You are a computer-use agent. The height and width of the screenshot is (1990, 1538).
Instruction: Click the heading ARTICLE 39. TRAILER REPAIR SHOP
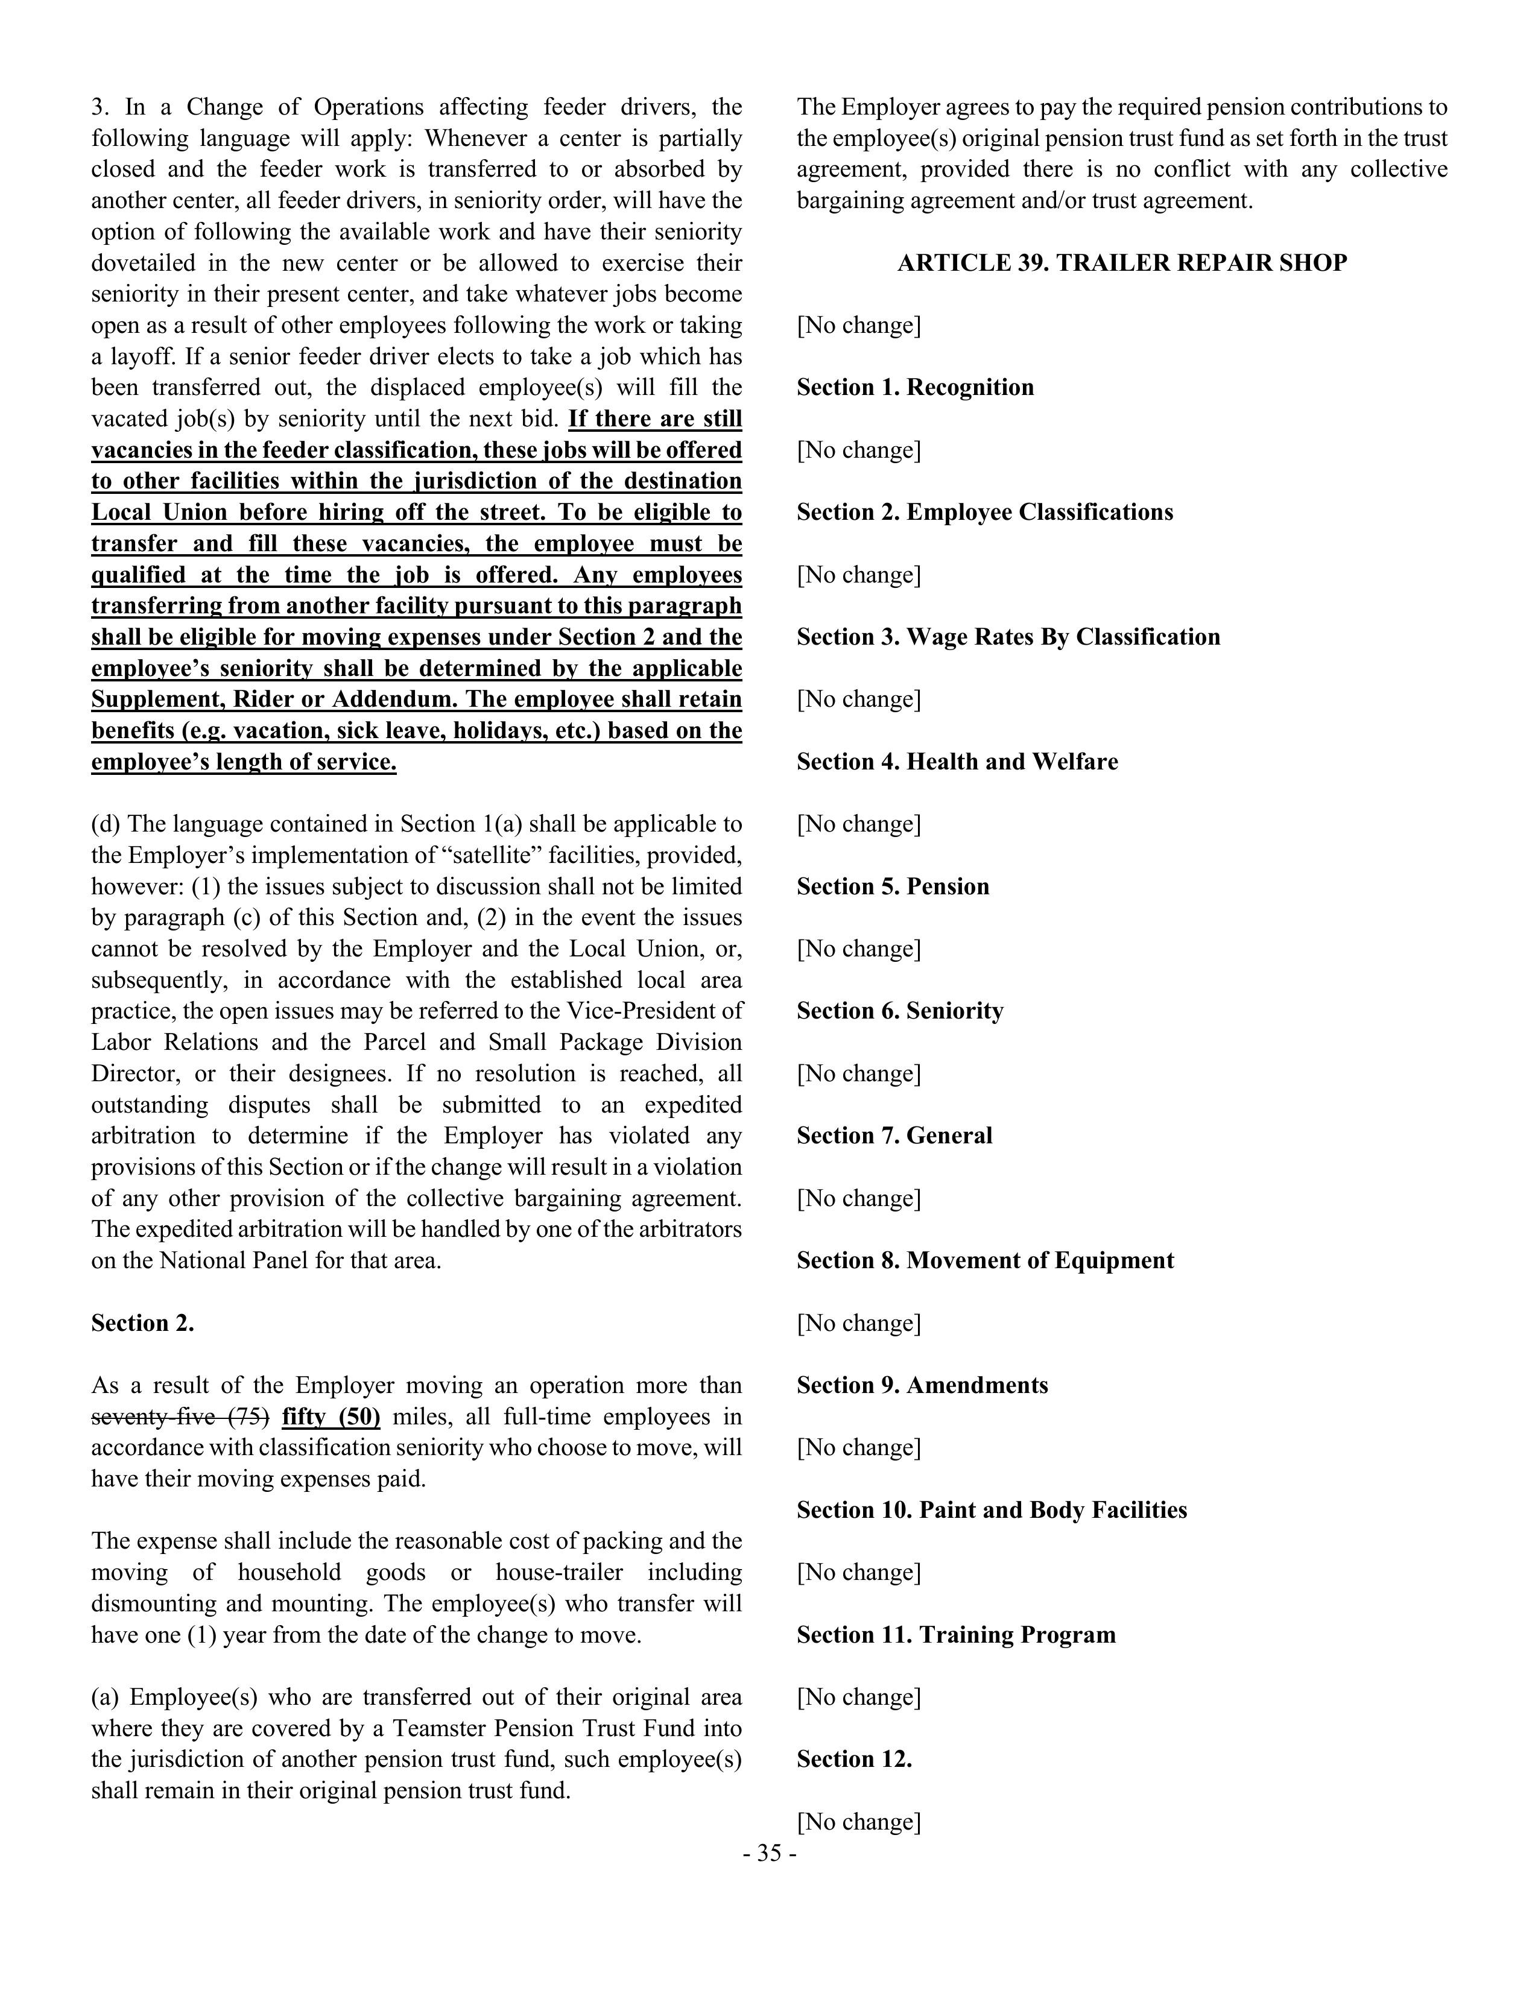(1122, 264)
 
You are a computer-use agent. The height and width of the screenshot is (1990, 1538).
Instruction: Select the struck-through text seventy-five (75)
(180, 1417)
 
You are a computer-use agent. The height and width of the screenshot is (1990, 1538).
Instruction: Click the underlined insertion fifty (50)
(331, 1417)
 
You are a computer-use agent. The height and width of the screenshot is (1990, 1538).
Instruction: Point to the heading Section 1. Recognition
(915, 387)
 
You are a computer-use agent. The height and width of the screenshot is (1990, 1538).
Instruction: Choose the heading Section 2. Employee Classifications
(984, 512)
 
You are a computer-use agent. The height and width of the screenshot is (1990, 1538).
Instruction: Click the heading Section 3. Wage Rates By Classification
(1008, 637)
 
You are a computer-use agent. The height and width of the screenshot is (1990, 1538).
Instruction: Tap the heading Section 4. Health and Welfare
(957, 762)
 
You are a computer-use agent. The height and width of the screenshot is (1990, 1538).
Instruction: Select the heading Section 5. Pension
(892, 886)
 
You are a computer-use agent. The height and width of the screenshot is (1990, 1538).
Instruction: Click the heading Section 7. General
(894, 1136)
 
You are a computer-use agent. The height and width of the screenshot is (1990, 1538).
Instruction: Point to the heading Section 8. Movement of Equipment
(985, 1261)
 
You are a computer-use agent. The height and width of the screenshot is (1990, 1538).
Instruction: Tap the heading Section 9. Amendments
(922, 1386)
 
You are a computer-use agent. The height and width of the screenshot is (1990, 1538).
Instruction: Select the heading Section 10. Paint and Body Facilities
(992, 1511)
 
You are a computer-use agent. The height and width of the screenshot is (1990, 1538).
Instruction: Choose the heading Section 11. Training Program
(956, 1635)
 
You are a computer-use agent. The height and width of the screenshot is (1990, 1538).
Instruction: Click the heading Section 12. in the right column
(853, 1760)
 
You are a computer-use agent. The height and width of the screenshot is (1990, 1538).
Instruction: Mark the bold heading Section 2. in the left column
(142, 1323)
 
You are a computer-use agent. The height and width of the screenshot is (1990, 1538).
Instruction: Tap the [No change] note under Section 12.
(858, 1822)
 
